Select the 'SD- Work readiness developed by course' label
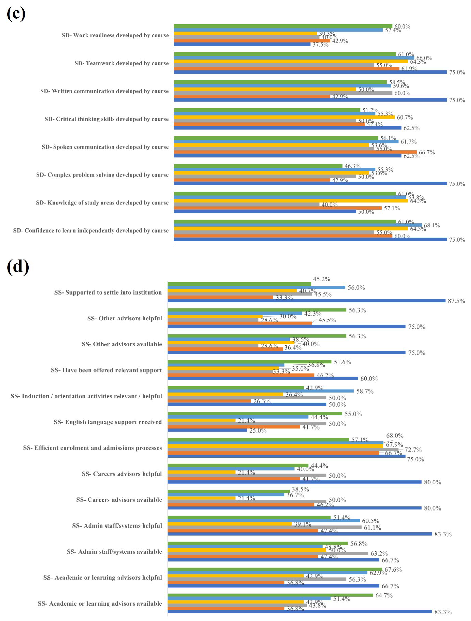point(115,35)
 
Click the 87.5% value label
point(456,301)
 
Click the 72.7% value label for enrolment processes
point(413,450)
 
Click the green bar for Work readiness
point(281,26)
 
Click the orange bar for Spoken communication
point(295,152)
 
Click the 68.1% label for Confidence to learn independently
point(432,225)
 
